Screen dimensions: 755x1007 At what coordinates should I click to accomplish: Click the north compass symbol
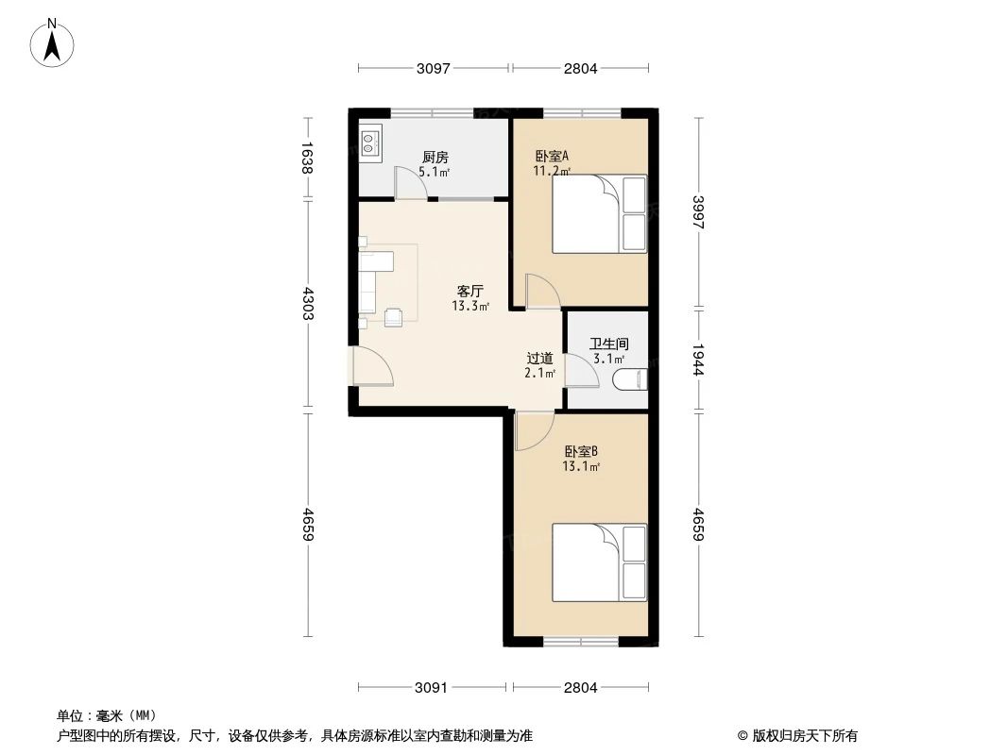tap(53, 42)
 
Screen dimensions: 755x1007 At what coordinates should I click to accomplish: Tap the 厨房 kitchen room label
tap(435, 157)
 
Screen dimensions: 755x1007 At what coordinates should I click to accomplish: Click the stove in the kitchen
tap(369, 143)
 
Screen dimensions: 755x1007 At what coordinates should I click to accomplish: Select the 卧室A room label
tap(551, 157)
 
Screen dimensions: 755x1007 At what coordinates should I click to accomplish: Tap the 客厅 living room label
tap(470, 292)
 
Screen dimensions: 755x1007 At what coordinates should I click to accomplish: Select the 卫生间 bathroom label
tap(608, 344)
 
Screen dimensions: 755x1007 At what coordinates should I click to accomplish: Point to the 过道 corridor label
tap(539, 359)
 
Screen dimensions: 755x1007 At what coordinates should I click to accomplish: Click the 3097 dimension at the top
tap(434, 68)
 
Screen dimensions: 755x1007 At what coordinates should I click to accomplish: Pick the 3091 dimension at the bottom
tap(431, 687)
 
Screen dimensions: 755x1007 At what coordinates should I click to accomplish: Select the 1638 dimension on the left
tap(306, 157)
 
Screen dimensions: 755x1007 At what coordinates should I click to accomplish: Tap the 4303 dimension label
tap(306, 304)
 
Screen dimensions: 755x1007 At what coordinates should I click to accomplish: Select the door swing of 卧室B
tap(533, 430)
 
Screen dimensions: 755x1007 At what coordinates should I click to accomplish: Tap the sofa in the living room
tap(367, 281)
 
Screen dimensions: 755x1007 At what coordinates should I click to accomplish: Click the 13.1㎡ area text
tap(581, 466)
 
